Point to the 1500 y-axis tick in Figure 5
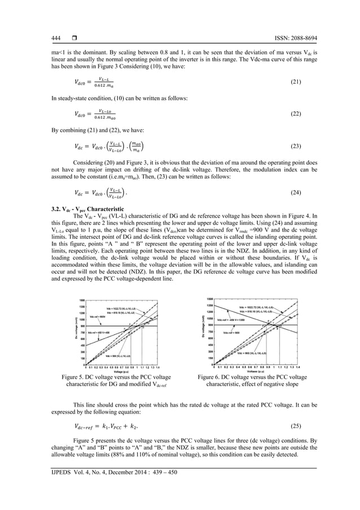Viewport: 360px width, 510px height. tap(82, 300)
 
